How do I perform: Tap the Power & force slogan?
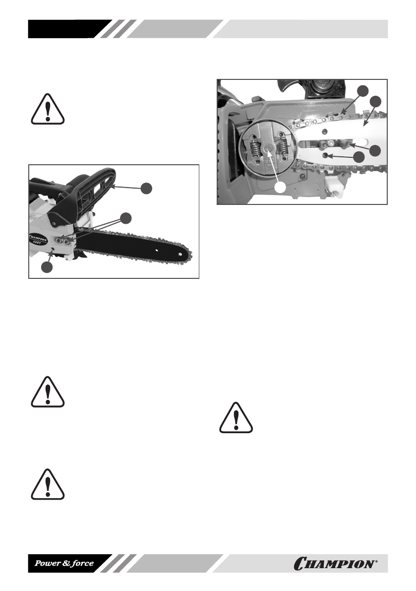pyautogui.click(x=63, y=564)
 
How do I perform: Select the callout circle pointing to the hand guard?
pyautogui.click(x=146, y=188)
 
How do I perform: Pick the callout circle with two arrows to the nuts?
pyautogui.click(x=127, y=218)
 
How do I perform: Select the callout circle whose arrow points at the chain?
pyautogui.click(x=363, y=90)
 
